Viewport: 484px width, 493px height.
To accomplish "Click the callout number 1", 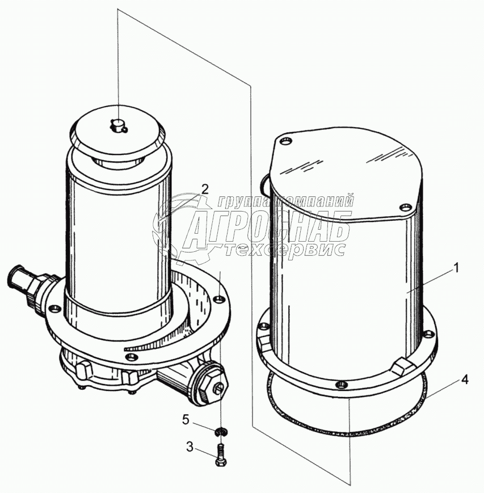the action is click(456, 268).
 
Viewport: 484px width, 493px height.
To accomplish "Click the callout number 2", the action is click(204, 189).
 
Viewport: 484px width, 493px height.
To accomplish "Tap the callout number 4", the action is click(465, 380).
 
